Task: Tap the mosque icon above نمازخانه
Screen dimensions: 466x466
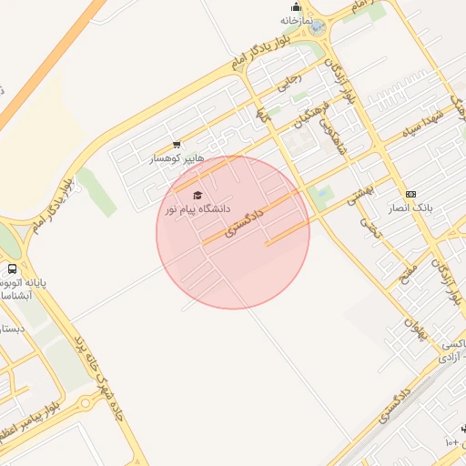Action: tap(295, 6)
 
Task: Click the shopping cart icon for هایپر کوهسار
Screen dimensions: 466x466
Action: tap(177, 144)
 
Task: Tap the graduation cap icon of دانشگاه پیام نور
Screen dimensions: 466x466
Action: tap(198, 195)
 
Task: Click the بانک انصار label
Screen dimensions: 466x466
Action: tap(410, 207)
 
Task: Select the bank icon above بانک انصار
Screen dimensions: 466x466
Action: tap(410, 194)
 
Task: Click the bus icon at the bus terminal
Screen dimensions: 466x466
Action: tap(12, 269)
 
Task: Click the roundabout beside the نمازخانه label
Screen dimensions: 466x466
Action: tap(317, 28)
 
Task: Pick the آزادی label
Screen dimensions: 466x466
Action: tap(450, 358)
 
